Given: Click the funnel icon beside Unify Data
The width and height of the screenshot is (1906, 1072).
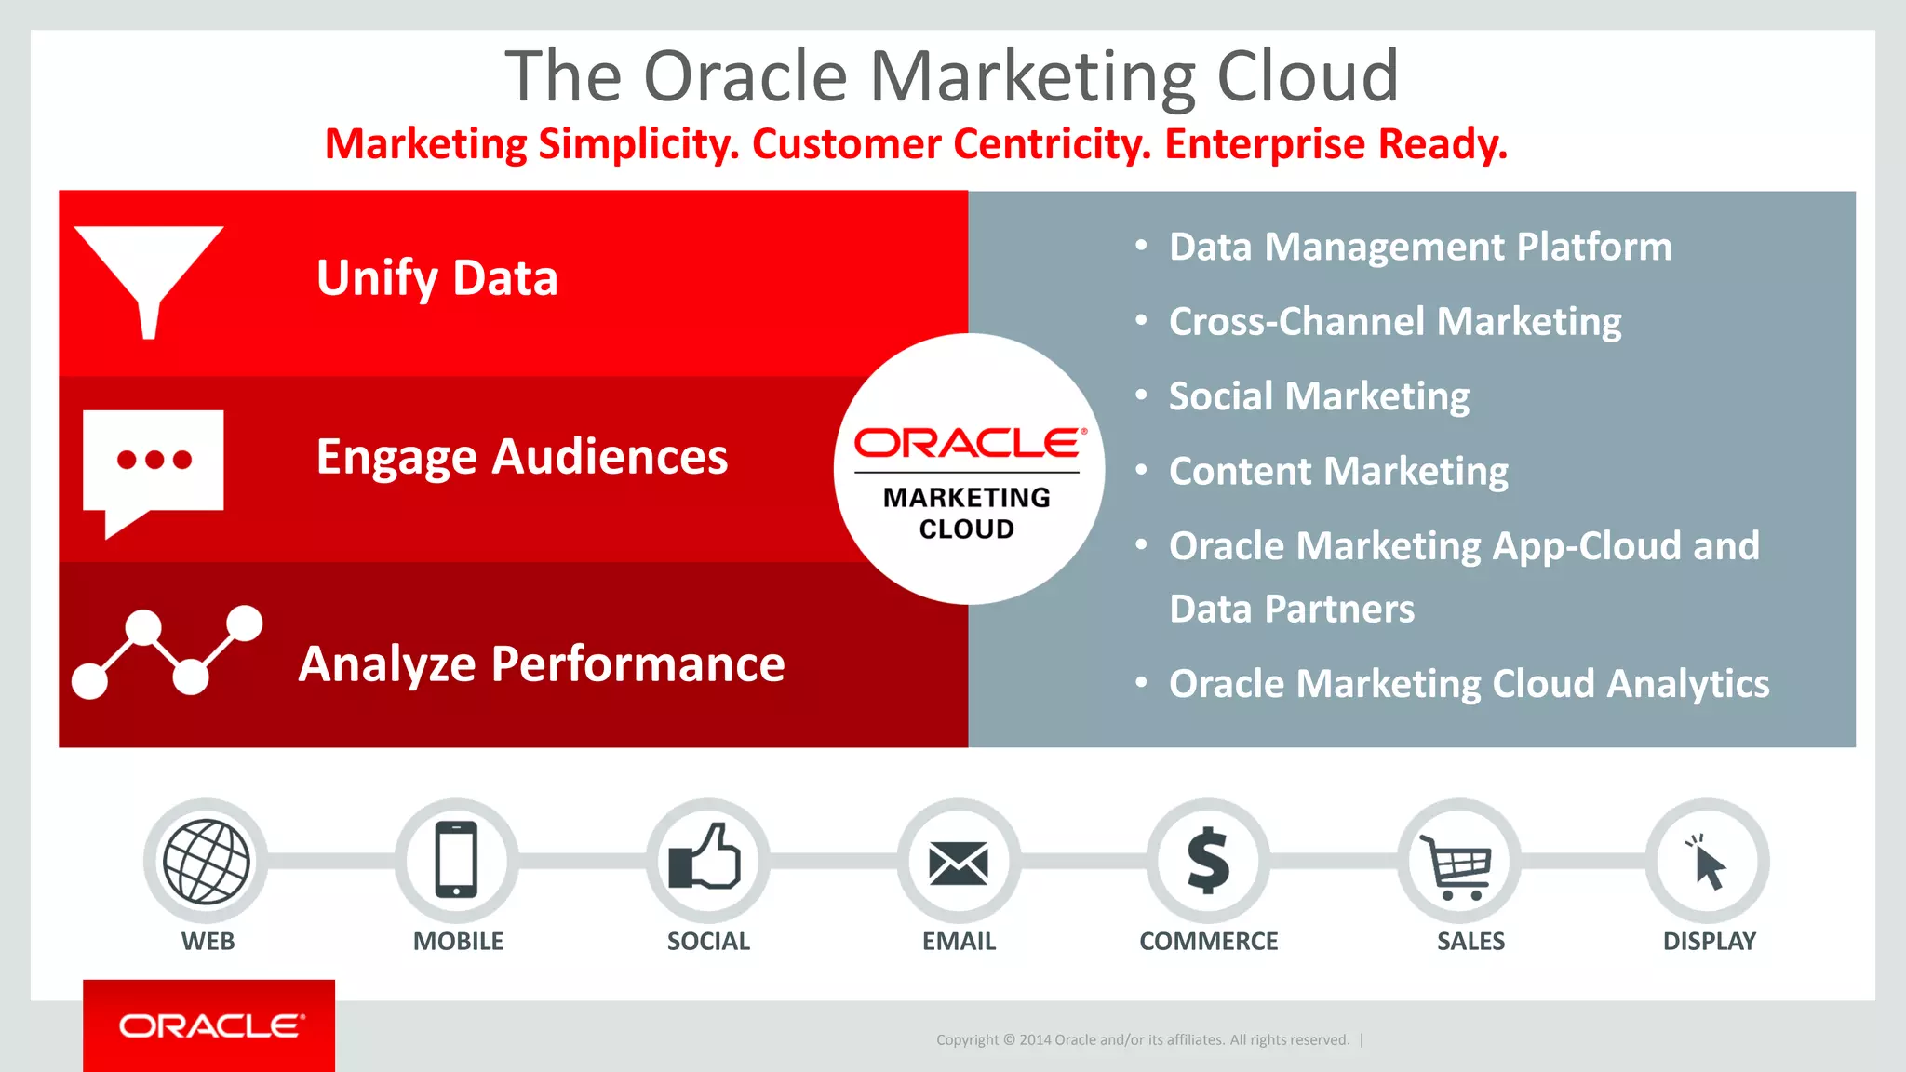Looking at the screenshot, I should click(148, 275).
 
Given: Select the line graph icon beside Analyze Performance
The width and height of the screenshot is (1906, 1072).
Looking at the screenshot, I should click(167, 652).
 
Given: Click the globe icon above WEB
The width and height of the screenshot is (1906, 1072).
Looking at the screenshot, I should click(207, 862).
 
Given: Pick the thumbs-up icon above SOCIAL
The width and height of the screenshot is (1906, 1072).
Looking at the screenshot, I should click(706, 858).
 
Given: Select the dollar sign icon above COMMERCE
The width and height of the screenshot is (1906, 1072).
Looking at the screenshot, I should click(1208, 861).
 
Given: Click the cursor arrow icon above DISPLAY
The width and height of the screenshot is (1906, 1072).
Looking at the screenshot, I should click(1708, 863).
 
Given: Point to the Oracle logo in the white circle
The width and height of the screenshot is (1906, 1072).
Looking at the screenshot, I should click(969, 443).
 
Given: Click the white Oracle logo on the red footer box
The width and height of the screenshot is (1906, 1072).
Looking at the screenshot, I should click(210, 1026).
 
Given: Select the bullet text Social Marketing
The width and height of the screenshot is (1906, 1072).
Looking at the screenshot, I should click(1319, 397).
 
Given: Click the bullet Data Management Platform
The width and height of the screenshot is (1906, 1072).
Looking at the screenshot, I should click(1420, 248).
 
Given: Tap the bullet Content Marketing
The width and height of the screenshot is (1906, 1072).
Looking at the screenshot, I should click(1338, 472).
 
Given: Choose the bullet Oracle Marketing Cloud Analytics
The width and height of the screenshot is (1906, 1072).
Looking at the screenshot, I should click(1469, 684).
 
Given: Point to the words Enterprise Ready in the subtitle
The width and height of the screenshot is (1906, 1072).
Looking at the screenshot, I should click(1336, 144).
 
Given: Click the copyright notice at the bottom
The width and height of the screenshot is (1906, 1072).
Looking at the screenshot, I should click(1142, 1040).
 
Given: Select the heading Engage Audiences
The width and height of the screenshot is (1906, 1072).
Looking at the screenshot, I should click(521, 458).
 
